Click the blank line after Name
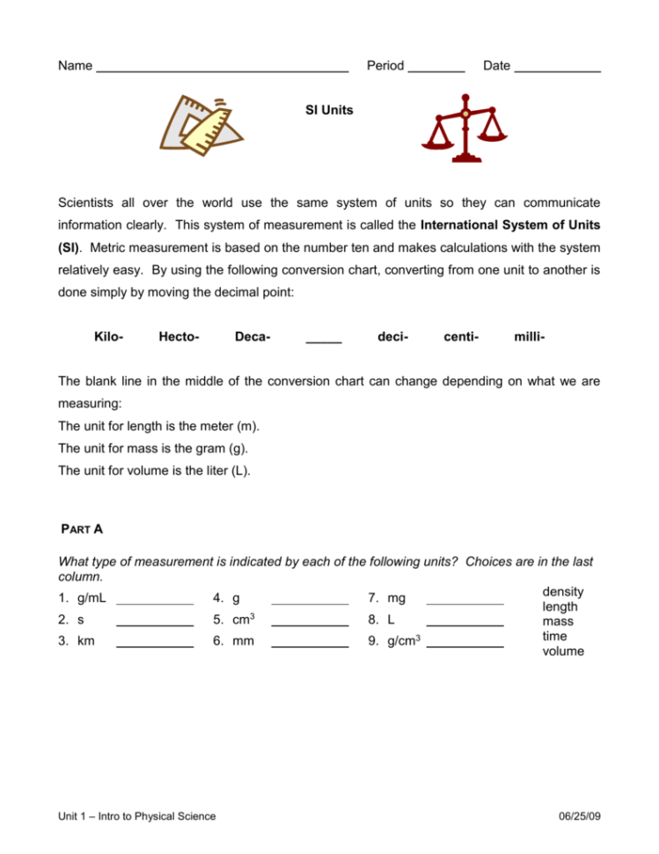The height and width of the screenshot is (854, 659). (222, 70)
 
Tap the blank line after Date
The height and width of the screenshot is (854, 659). (557, 70)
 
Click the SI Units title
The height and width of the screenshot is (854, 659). (328, 111)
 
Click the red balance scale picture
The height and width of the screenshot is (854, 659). (465, 129)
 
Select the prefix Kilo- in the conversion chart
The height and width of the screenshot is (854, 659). (108, 336)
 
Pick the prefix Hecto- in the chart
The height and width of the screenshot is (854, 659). (179, 336)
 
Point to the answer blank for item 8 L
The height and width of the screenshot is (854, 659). (464, 624)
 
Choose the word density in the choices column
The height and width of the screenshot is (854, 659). (563, 592)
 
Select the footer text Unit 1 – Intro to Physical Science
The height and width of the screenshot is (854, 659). (136, 816)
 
